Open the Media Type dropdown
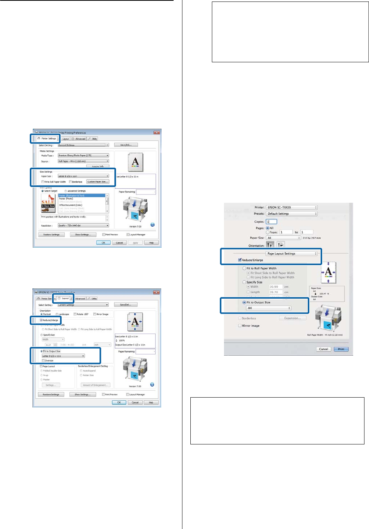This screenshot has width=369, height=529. click(83, 156)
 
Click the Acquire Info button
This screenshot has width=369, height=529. click(98, 166)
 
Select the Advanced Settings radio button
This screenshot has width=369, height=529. click(66, 191)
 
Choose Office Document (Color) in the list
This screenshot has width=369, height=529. click(71, 205)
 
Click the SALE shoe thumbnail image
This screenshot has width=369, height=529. click(48, 203)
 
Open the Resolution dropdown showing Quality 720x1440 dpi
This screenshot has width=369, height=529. click(83, 225)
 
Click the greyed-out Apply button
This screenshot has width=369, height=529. click(135, 243)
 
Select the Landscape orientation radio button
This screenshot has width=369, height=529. click(57, 314)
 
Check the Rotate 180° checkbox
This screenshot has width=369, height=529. click(75, 314)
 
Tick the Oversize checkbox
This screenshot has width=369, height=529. click(43, 361)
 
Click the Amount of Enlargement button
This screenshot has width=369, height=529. click(95, 385)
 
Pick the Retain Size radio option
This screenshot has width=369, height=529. click(81, 375)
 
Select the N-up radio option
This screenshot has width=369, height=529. click(42, 375)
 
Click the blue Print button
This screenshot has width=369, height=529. click(341, 349)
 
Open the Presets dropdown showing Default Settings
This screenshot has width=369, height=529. click(292, 214)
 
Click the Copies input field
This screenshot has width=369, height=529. click(271, 222)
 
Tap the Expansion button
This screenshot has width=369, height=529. click(292, 318)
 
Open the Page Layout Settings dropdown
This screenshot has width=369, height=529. click(292, 254)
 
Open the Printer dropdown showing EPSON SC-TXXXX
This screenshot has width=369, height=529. click(292, 207)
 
